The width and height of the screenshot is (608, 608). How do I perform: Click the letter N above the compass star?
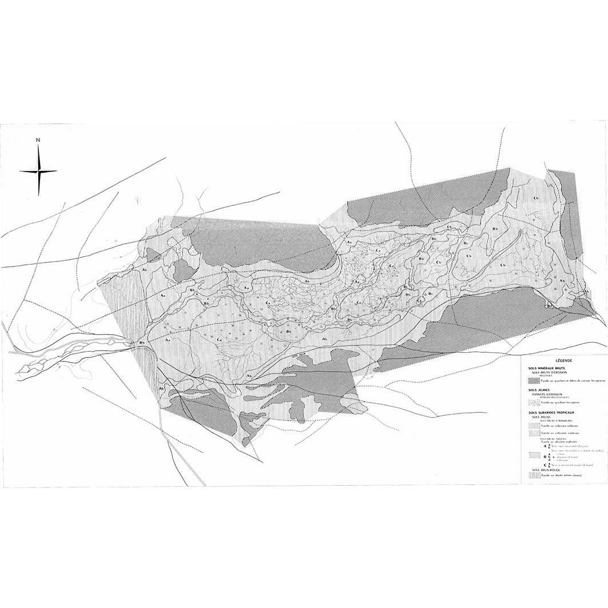(x=38, y=140)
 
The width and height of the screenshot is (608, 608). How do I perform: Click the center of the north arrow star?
(x=38, y=171)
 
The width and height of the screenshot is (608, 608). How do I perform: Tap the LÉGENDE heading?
(x=563, y=361)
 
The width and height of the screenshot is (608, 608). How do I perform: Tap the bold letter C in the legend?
(x=545, y=464)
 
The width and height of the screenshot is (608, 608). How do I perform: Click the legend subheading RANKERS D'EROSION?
(x=549, y=394)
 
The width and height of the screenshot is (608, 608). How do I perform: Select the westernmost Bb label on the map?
(x=141, y=342)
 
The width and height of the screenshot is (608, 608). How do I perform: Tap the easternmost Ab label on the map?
(x=585, y=293)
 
